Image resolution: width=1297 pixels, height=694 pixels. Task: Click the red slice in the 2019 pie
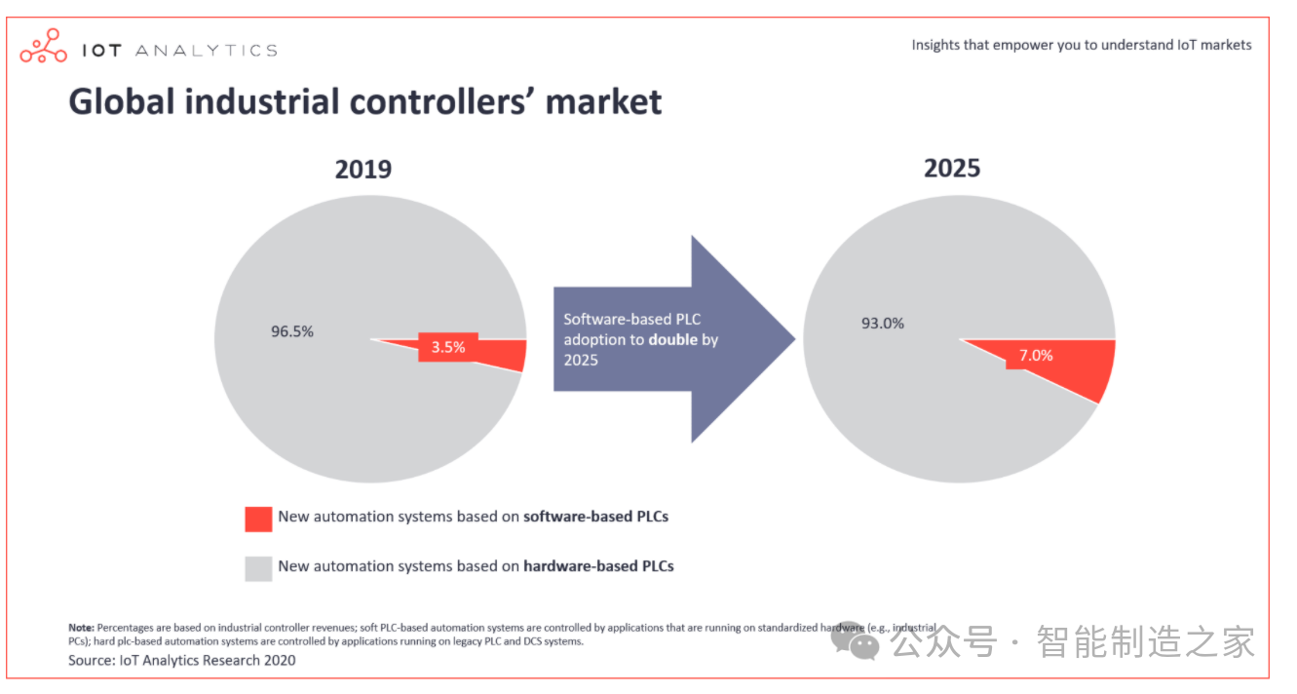click(502, 354)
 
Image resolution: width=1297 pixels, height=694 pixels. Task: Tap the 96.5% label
click(292, 331)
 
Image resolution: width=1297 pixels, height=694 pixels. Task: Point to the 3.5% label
click(448, 346)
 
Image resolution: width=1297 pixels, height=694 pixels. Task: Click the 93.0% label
click(882, 324)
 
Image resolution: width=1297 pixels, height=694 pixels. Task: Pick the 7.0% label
click(1036, 356)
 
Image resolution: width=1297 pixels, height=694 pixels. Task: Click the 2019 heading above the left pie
click(362, 170)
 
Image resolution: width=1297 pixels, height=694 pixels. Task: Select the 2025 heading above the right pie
click(951, 168)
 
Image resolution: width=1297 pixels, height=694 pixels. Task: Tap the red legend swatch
click(258, 519)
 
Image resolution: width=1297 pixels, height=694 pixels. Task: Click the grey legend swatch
click(258, 567)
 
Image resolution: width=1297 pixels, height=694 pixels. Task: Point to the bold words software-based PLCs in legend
click(595, 517)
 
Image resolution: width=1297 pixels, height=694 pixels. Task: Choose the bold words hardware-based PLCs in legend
click(598, 565)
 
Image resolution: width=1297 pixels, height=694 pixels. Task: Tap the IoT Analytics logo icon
click(44, 47)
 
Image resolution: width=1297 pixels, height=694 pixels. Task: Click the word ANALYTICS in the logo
click(205, 51)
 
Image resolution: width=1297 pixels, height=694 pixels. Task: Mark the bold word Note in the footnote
click(81, 627)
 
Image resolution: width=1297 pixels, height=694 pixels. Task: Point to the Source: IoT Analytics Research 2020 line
click(181, 660)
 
